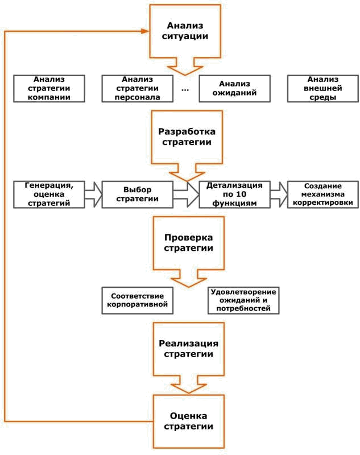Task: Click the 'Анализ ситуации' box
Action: (186, 31)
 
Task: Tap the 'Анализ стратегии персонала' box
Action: (138, 88)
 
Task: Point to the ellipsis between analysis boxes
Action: (185, 90)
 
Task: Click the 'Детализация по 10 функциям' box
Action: (234, 195)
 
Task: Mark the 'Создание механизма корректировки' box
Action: (322, 195)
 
